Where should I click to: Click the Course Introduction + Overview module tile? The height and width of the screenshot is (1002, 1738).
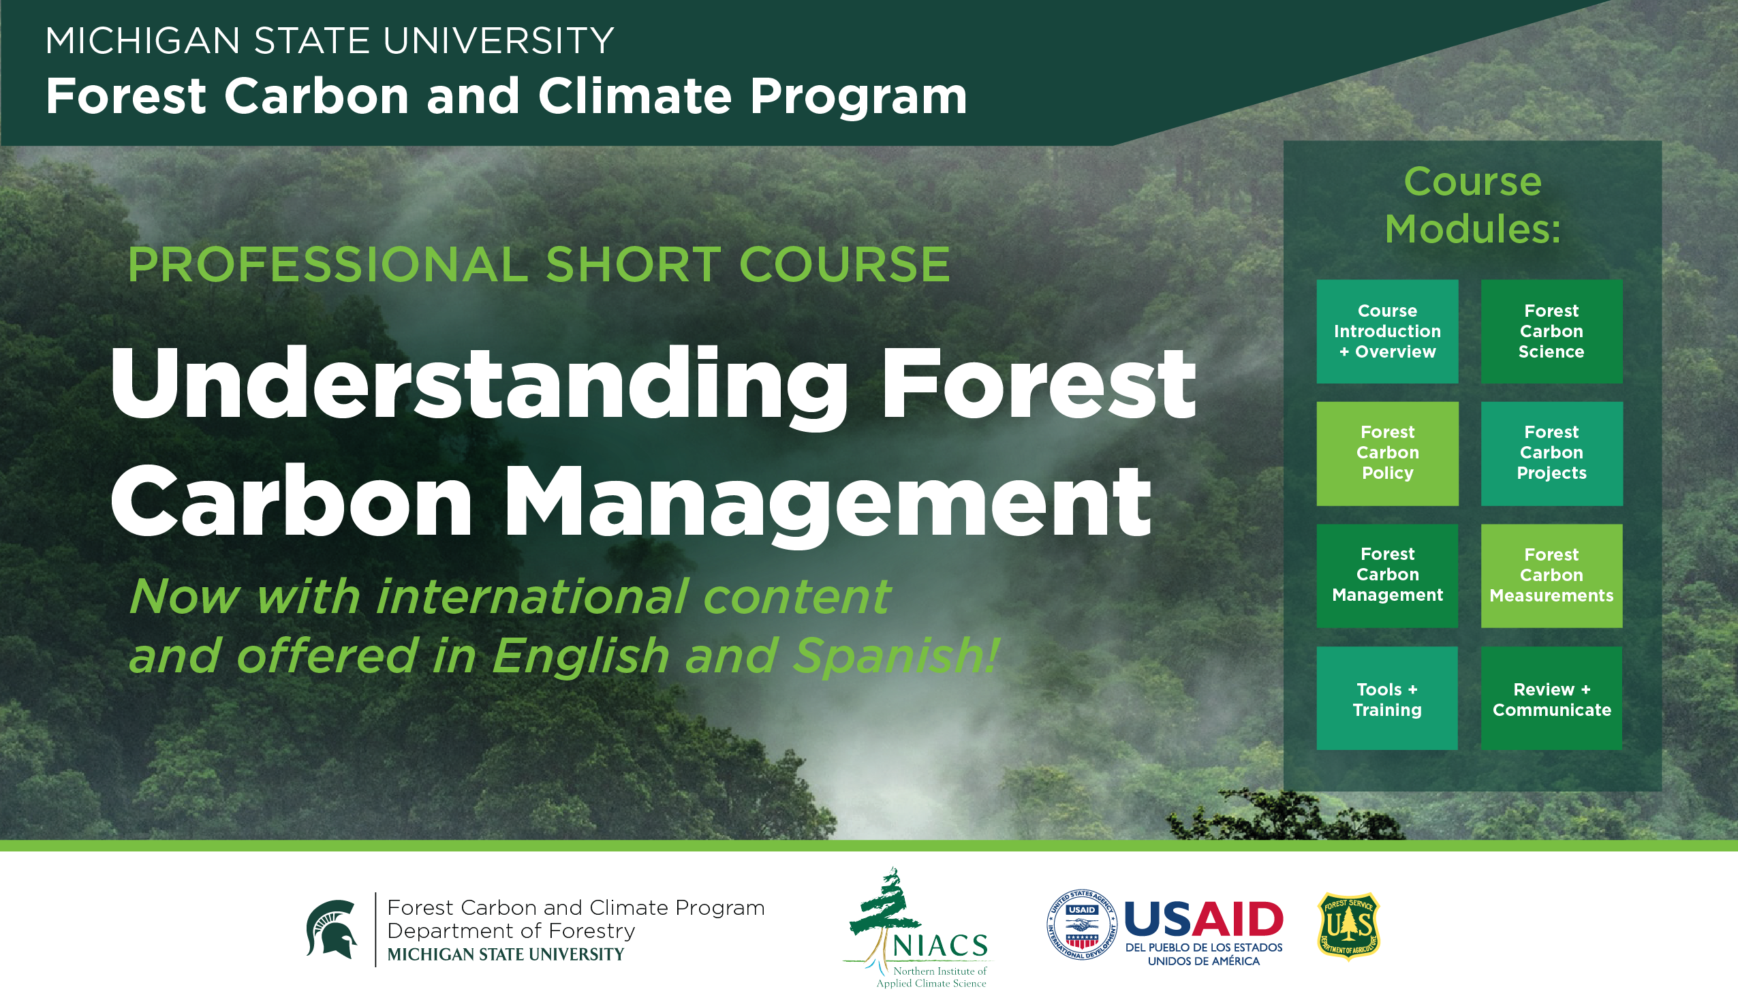point(1387,331)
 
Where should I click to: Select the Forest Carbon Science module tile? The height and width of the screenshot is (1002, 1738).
point(1551,331)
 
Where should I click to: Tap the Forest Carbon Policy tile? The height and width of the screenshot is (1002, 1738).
point(1387,453)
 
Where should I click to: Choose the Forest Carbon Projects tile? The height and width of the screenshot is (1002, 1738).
point(1551,453)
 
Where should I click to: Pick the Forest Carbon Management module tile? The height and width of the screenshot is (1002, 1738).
point(1387,576)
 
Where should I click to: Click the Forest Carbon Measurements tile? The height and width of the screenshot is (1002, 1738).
point(1551,576)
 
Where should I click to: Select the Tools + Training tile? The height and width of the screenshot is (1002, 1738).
point(1387,698)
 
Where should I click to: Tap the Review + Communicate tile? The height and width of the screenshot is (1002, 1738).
point(1551,698)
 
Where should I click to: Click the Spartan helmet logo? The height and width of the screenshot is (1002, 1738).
point(332,929)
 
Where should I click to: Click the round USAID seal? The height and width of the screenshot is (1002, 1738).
point(1081,924)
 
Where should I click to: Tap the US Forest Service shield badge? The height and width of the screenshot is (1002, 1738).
point(1348,926)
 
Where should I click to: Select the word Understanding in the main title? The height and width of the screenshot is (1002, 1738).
point(478,386)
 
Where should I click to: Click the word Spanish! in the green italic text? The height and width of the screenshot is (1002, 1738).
point(895,655)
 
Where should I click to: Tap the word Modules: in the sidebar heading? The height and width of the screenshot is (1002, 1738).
point(1472,229)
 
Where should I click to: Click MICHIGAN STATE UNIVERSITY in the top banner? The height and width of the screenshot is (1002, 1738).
point(329,41)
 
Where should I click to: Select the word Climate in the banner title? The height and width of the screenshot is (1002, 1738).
point(634,95)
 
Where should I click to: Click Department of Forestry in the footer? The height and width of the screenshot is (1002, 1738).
point(511,931)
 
